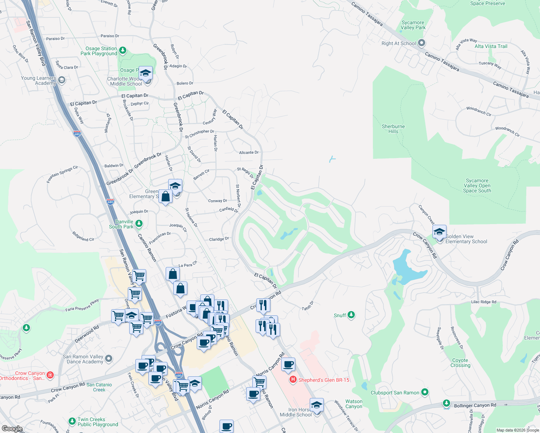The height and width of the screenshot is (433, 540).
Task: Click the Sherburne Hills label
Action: pyautogui.click(x=393, y=129)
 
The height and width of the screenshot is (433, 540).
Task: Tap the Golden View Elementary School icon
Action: pyautogui.click(x=439, y=232)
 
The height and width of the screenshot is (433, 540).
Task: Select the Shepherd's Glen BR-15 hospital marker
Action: pyautogui.click(x=293, y=380)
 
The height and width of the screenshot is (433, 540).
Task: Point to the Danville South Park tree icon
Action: pyautogui.click(x=139, y=224)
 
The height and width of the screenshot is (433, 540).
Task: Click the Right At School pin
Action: pyautogui.click(x=421, y=43)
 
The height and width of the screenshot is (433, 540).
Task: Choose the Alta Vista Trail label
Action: pyautogui.click(x=491, y=46)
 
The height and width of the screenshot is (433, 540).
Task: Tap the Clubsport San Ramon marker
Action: pyautogui.click(x=424, y=392)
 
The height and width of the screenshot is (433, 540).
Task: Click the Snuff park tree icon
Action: pyautogui.click(x=351, y=315)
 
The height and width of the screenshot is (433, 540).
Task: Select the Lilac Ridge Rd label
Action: pyautogui.click(x=483, y=302)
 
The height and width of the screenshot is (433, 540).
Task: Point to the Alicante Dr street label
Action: pyautogui.click(x=249, y=153)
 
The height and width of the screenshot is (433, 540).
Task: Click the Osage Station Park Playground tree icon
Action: pyautogui.click(x=123, y=51)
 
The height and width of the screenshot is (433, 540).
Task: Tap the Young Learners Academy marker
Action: pyautogui.click(x=62, y=80)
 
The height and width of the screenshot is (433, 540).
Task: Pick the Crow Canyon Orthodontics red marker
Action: pyautogui.click(x=50, y=375)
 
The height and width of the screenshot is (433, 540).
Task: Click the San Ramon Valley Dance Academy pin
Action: pyautogui.click(x=109, y=359)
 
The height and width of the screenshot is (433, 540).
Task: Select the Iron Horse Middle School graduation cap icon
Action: pyautogui.click(x=317, y=405)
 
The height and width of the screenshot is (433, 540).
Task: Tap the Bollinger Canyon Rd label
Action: pyautogui.click(x=475, y=406)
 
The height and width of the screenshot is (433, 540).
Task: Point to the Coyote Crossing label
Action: pyautogui.click(x=460, y=363)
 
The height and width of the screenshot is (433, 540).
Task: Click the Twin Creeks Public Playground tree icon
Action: pyautogui.click(x=72, y=421)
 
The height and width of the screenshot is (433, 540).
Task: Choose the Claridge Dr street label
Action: pyautogui.click(x=219, y=239)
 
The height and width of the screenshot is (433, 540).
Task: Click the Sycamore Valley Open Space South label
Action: pyautogui.click(x=477, y=185)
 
